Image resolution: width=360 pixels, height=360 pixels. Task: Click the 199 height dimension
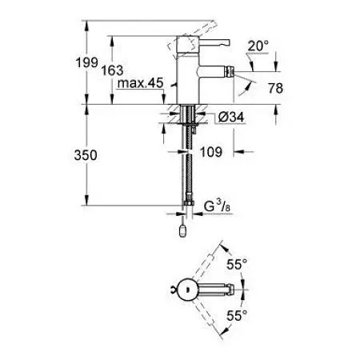tap(94, 61)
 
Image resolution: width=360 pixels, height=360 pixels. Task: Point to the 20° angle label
tap(258, 47)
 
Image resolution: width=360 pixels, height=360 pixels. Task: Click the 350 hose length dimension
tap(94, 156)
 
